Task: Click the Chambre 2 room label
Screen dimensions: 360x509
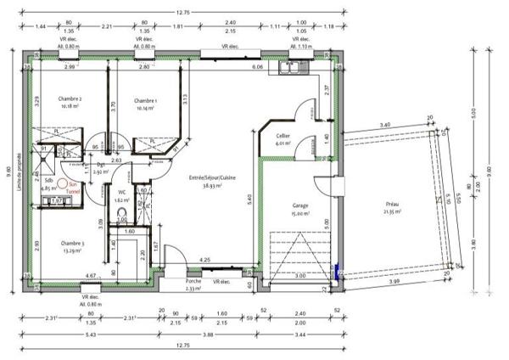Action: [70, 98]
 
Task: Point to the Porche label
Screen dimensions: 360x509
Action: [193, 282]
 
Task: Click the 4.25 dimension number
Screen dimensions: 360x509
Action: [205, 260]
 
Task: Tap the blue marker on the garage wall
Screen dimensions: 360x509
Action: [338, 273]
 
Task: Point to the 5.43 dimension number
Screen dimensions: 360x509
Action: [76, 335]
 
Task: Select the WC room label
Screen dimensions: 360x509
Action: [122, 193]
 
